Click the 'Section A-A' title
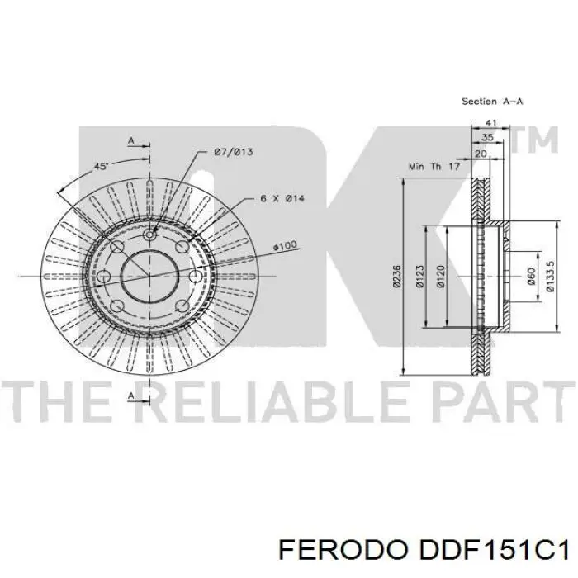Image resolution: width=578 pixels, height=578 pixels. (493, 102)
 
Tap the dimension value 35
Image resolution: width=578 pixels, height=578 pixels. (489, 138)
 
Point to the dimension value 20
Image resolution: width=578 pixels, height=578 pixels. (481, 154)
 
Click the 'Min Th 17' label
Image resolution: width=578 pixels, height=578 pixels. (433, 167)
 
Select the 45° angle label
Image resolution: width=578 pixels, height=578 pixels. (101, 167)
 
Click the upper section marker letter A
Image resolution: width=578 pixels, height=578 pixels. (130, 141)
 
